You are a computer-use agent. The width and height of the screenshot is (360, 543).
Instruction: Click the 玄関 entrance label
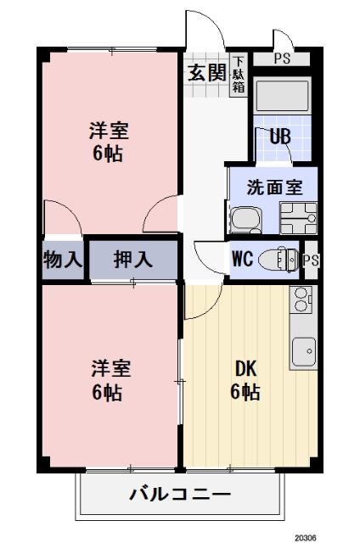pos(206,72)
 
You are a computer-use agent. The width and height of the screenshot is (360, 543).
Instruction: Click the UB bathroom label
pos(280,135)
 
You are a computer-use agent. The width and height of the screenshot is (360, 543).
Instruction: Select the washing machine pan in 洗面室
pos(298,218)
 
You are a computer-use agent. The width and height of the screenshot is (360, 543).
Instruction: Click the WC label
pos(242,260)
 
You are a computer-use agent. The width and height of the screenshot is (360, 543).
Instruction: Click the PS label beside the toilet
pos(311,260)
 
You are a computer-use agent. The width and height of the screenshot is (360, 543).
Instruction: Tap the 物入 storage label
pos(62,260)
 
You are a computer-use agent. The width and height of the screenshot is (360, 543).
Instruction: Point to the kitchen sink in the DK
pos(303,348)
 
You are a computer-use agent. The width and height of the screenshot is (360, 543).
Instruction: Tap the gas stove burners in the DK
pos(301,299)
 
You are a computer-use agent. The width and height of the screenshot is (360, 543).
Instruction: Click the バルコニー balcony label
pos(179,495)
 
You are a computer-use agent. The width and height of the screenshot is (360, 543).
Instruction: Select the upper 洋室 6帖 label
pos(110,141)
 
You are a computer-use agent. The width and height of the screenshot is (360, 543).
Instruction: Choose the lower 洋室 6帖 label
pos(110,380)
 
